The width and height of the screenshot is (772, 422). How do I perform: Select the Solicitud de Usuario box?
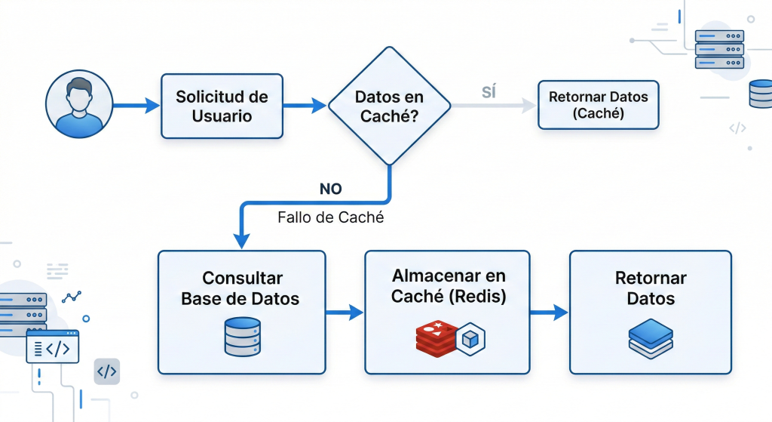click(x=222, y=106)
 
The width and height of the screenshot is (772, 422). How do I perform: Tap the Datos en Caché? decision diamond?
click(x=389, y=106)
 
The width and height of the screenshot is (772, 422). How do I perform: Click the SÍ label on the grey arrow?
click(x=489, y=92)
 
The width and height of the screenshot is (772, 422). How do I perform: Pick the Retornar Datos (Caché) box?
click(x=598, y=105)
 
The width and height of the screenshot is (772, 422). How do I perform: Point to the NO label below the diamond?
click(x=330, y=189)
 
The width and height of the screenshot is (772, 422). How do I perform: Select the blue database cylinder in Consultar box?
click(x=242, y=337)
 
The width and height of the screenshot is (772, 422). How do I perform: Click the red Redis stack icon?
click(x=436, y=337)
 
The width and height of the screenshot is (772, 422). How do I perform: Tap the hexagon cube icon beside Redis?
click(x=470, y=337)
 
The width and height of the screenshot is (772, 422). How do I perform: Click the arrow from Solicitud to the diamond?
click(x=305, y=106)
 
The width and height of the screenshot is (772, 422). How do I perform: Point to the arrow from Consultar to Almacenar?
click(x=345, y=312)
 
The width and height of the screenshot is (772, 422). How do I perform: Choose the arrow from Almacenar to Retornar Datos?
click(x=549, y=312)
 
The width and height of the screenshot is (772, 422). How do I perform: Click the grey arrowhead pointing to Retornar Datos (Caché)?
click(x=526, y=106)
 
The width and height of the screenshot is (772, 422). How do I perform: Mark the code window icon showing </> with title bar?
click(x=53, y=348)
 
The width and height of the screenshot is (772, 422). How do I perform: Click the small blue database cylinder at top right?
click(x=760, y=96)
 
